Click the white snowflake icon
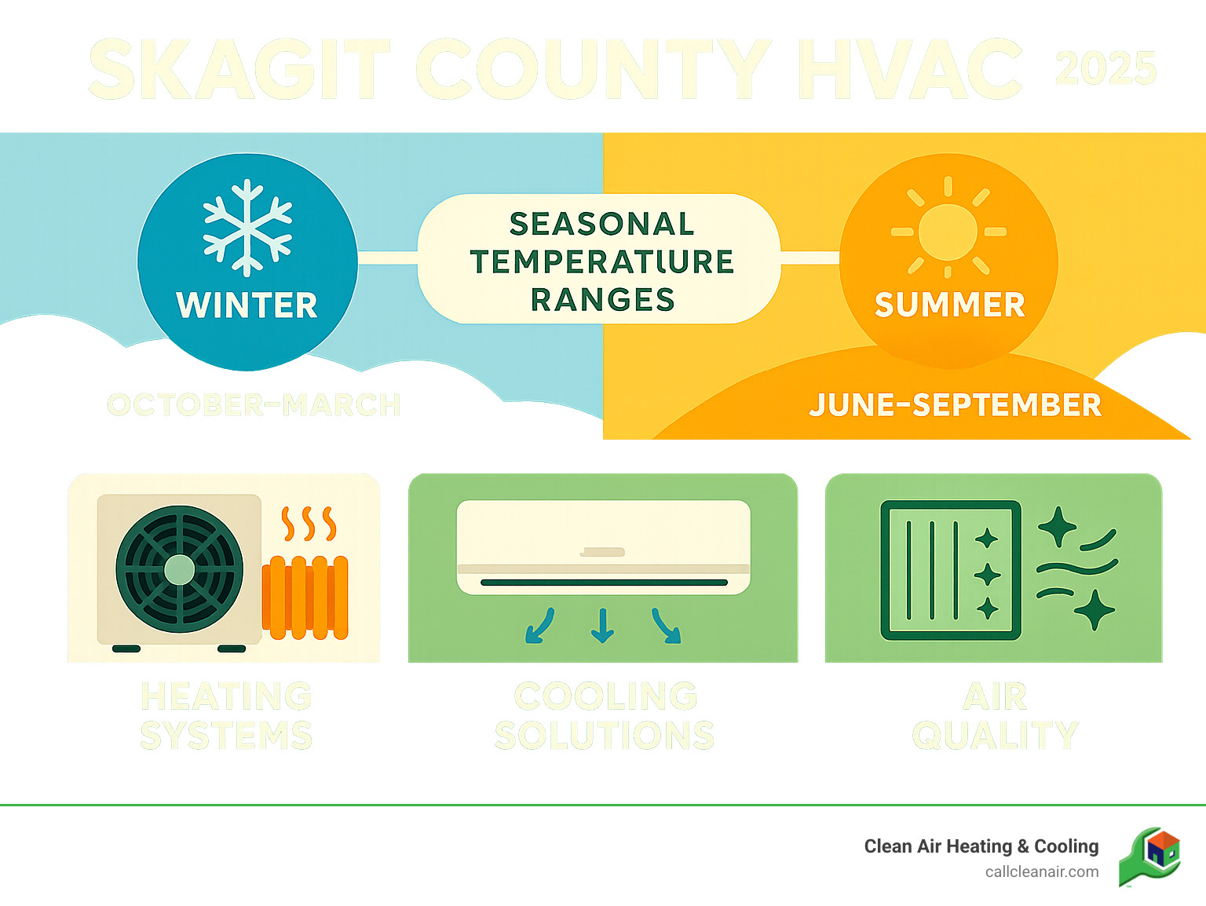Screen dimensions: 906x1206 point(247,228)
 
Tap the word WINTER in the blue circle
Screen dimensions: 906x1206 point(247,305)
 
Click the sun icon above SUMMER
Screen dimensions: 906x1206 point(948,232)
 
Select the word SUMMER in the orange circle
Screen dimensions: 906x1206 point(949,305)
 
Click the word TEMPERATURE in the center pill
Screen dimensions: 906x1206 point(602,261)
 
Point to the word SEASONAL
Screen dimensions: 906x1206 point(602,224)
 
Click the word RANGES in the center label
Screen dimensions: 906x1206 point(602,299)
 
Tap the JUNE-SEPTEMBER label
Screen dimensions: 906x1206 point(955,405)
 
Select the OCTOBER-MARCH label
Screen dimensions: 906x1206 point(254,405)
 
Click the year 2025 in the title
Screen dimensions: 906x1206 point(1105,69)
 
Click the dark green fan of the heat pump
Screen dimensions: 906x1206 point(180,569)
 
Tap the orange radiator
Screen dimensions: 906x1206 point(305,597)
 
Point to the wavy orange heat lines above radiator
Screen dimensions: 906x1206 point(309,524)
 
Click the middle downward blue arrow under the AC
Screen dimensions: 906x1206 point(602,625)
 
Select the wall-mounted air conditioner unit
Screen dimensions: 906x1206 point(603,547)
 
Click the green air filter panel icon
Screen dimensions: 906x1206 point(951,570)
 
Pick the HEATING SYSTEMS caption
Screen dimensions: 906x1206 point(226,716)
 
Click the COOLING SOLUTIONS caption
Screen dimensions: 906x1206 point(605,716)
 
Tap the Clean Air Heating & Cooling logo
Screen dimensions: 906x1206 point(1150,857)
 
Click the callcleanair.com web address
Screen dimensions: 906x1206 point(1042,871)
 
